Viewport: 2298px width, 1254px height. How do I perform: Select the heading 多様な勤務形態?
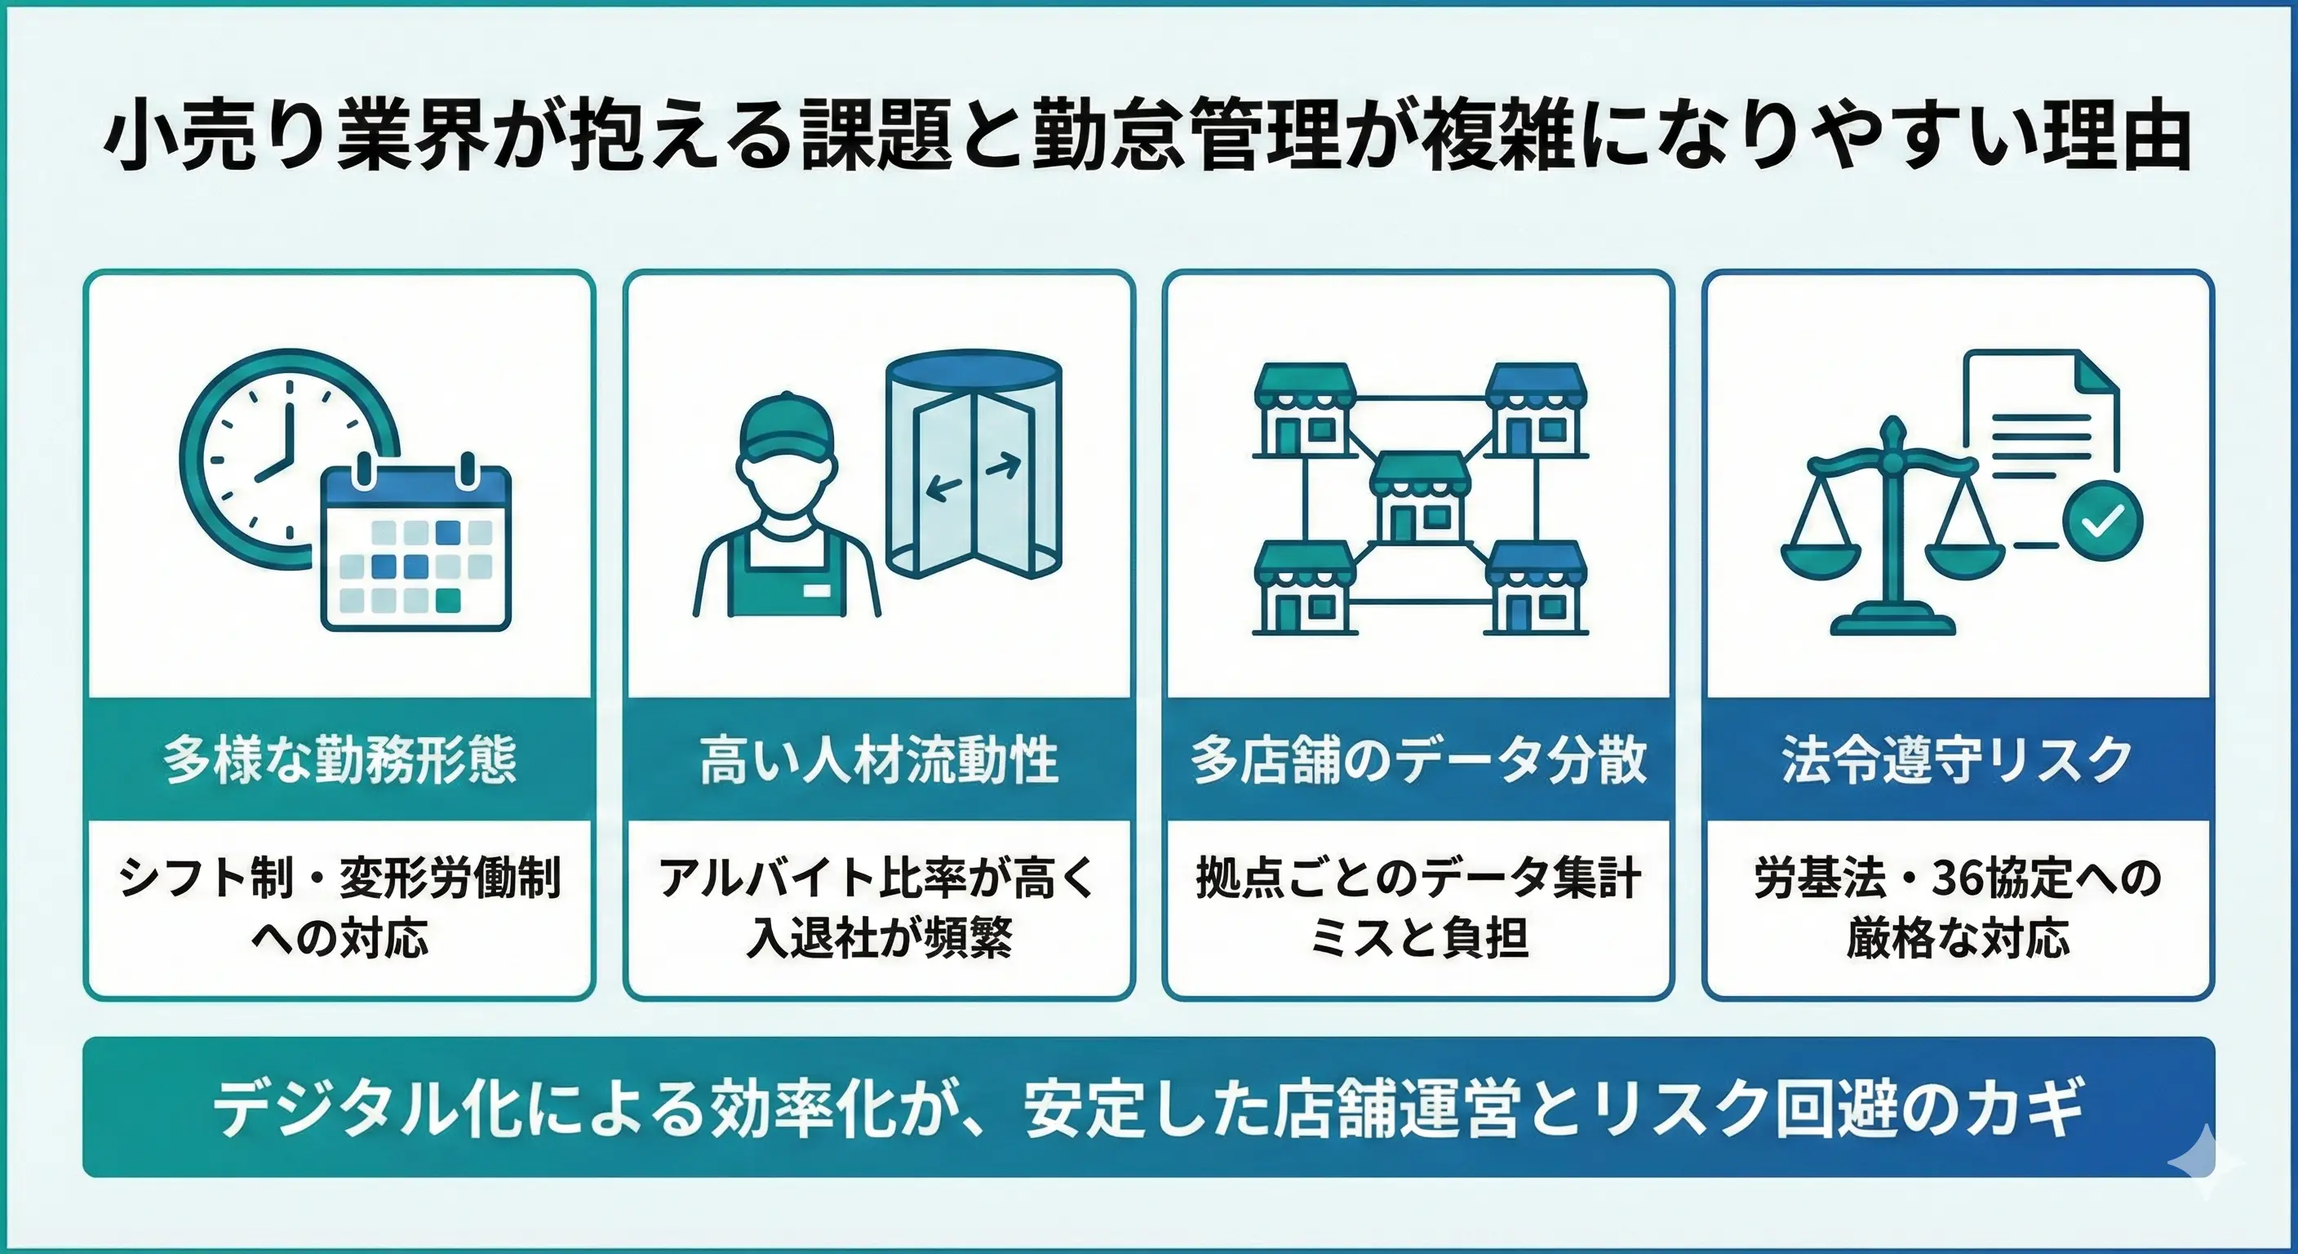(339, 760)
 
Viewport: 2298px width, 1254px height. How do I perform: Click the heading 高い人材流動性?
(879, 760)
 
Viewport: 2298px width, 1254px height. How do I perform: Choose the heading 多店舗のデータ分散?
(1418, 760)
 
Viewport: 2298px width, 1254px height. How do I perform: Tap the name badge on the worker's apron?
(816, 590)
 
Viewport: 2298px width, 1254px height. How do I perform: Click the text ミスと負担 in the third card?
(1418, 938)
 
